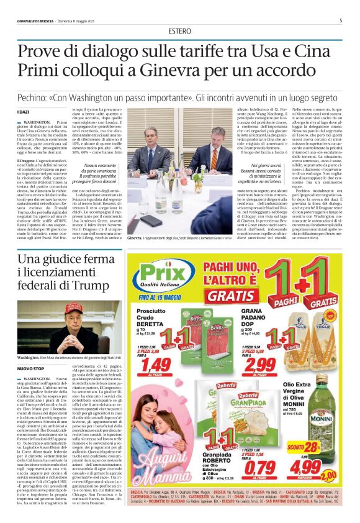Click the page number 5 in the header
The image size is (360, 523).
pos(340,20)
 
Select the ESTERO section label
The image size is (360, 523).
pos(179,32)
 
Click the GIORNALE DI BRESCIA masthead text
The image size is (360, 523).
pos(37,20)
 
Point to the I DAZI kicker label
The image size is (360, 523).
pos(23,111)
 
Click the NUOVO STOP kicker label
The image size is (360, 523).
pos(30,368)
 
